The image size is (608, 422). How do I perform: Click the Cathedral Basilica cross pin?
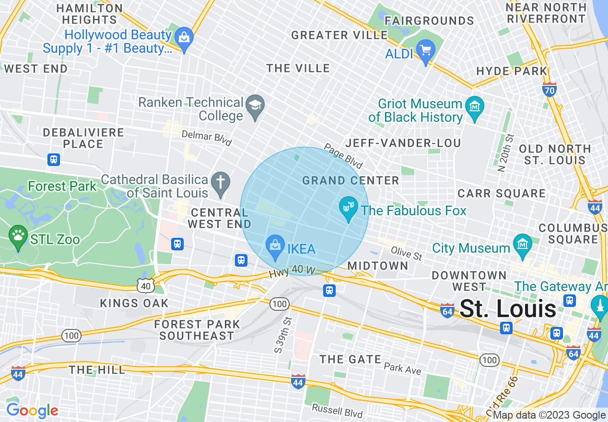pyautogui.click(x=221, y=184)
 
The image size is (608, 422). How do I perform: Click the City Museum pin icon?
pyautogui.click(x=522, y=246)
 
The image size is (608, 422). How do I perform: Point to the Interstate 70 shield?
pyautogui.click(x=550, y=89)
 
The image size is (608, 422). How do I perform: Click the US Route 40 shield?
pyautogui.click(x=146, y=286)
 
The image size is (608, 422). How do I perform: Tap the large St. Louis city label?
pyautogui.click(x=508, y=309)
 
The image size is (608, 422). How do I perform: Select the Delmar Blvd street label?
pyautogui.click(x=207, y=138)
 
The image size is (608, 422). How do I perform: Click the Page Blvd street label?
pyautogui.click(x=343, y=156)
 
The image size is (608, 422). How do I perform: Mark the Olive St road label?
pyautogui.click(x=406, y=254)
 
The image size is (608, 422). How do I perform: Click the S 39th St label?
pyautogui.click(x=283, y=334)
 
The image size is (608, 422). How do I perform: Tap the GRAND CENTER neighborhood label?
pyautogui.click(x=351, y=181)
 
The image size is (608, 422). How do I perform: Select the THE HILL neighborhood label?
pyautogui.click(x=97, y=370)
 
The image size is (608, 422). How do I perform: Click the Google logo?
pyautogui.click(x=32, y=410)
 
